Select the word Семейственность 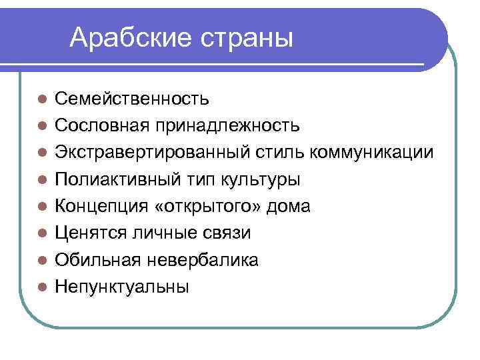tap(132, 99)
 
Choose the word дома tap(289, 206)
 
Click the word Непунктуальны tap(122, 287)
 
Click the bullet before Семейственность tap(41, 100)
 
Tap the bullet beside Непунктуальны tap(41, 287)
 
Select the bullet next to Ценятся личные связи tap(41, 234)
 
